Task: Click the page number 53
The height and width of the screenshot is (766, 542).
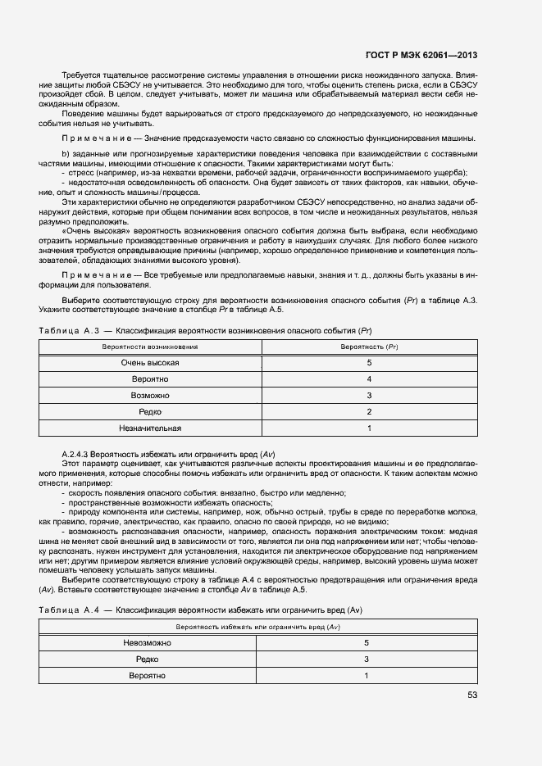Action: [472, 695]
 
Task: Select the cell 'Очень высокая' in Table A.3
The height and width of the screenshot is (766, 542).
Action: [150, 362]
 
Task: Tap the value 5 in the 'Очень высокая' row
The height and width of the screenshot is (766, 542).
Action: [369, 362]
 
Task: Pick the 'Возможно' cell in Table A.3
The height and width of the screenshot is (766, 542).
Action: [150, 395]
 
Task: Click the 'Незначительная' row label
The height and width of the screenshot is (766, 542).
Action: [150, 428]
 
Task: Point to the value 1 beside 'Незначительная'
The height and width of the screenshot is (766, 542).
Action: [369, 428]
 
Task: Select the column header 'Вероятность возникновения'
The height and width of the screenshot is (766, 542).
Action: [150, 347]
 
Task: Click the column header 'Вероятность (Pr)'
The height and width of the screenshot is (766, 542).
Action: [369, 347]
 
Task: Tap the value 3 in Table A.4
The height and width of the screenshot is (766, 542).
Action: [367, 659]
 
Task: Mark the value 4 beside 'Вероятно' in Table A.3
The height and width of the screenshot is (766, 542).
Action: [369, 378]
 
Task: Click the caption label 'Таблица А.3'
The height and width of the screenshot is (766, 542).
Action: [69, 330]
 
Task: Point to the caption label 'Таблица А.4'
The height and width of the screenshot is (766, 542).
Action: [69, 611]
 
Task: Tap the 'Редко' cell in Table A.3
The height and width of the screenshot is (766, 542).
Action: [150, 411]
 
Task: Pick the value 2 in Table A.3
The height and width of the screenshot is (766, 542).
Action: [369, 411]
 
